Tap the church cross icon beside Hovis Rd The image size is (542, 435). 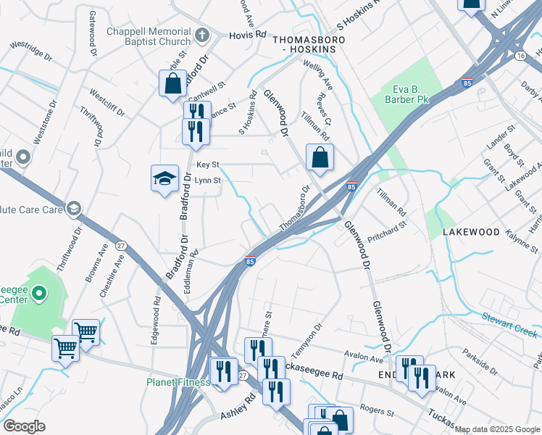(205, 34)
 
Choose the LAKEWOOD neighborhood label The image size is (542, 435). (472, 232)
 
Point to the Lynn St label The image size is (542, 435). (207, 180)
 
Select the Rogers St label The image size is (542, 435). (378, 411)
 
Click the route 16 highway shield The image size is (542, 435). (520, 56)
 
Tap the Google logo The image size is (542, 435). (24, 426)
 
